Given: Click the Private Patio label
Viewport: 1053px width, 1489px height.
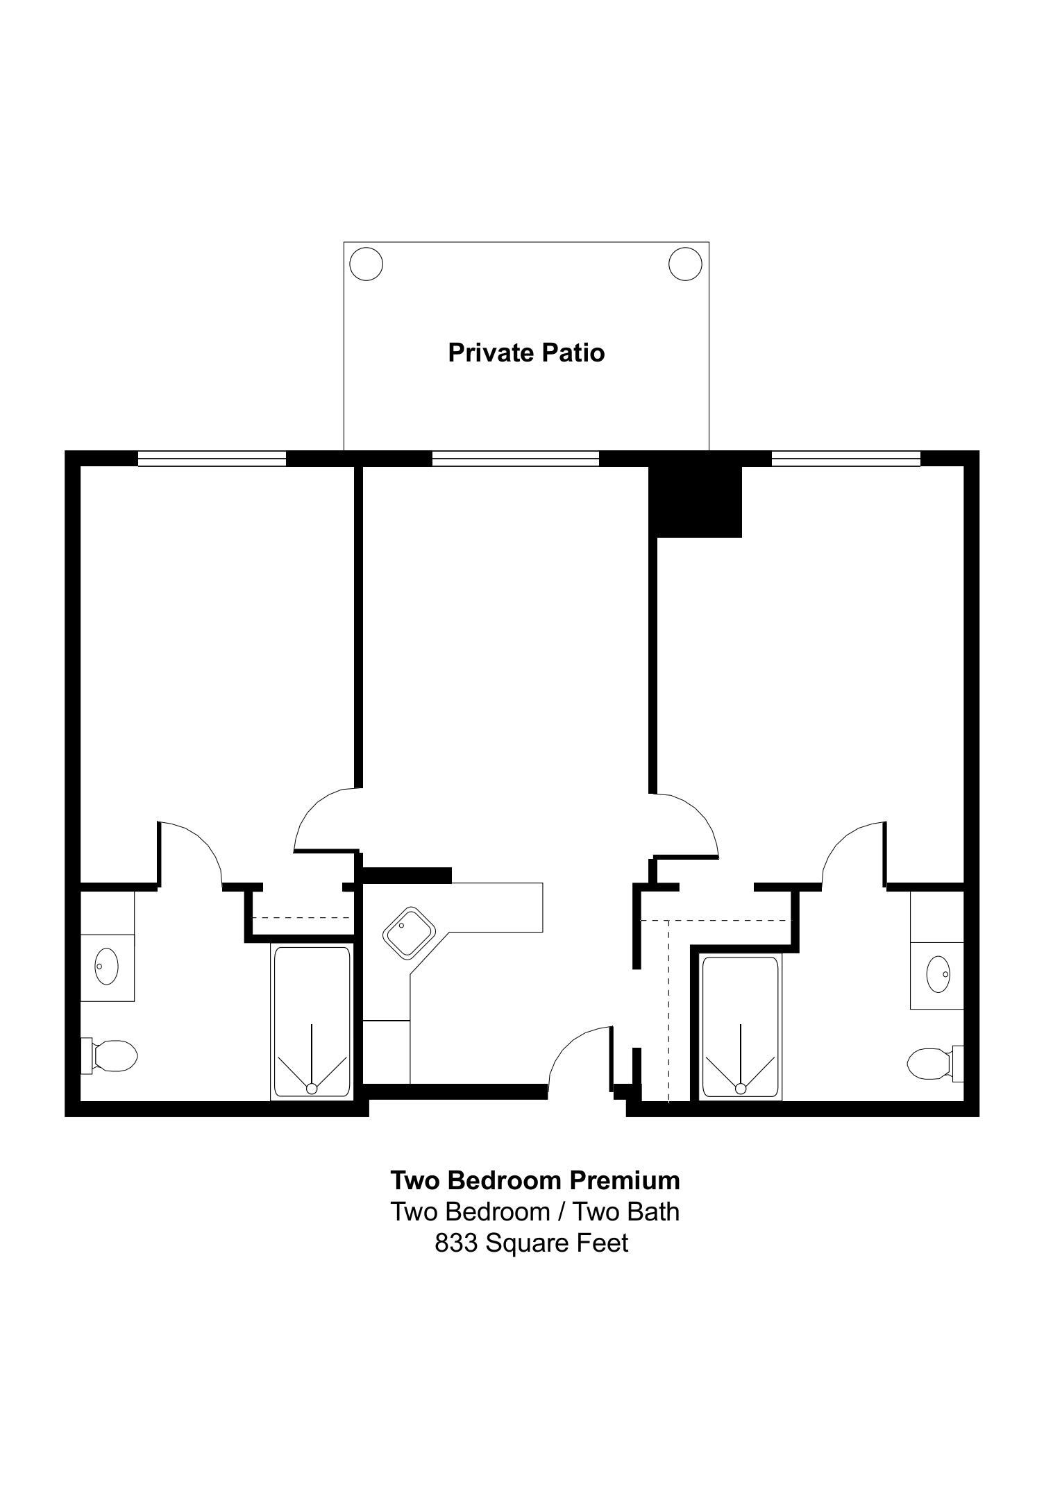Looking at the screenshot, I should [526, 352].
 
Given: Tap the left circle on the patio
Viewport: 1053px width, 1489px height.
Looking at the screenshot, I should [366, 264].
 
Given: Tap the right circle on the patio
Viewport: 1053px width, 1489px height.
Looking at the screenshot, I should [685, 264].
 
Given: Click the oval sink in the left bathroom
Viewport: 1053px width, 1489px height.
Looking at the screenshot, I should [106, 966].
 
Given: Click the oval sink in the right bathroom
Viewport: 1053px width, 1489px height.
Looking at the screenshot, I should [938, 974].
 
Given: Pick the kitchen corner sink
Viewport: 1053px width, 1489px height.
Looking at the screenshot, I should [409, 933].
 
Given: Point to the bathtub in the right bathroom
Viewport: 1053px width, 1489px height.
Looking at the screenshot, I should [740, 1028].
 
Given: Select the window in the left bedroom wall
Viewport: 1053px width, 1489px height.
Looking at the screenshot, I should [212, 459].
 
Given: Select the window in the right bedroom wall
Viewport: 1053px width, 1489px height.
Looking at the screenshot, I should [846, 459].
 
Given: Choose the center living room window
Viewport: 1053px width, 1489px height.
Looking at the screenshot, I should [515, 459].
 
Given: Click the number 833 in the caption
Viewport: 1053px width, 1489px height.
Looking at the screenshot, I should [456, 1242].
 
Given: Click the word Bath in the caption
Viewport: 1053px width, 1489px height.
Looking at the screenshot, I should [654, 1211].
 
